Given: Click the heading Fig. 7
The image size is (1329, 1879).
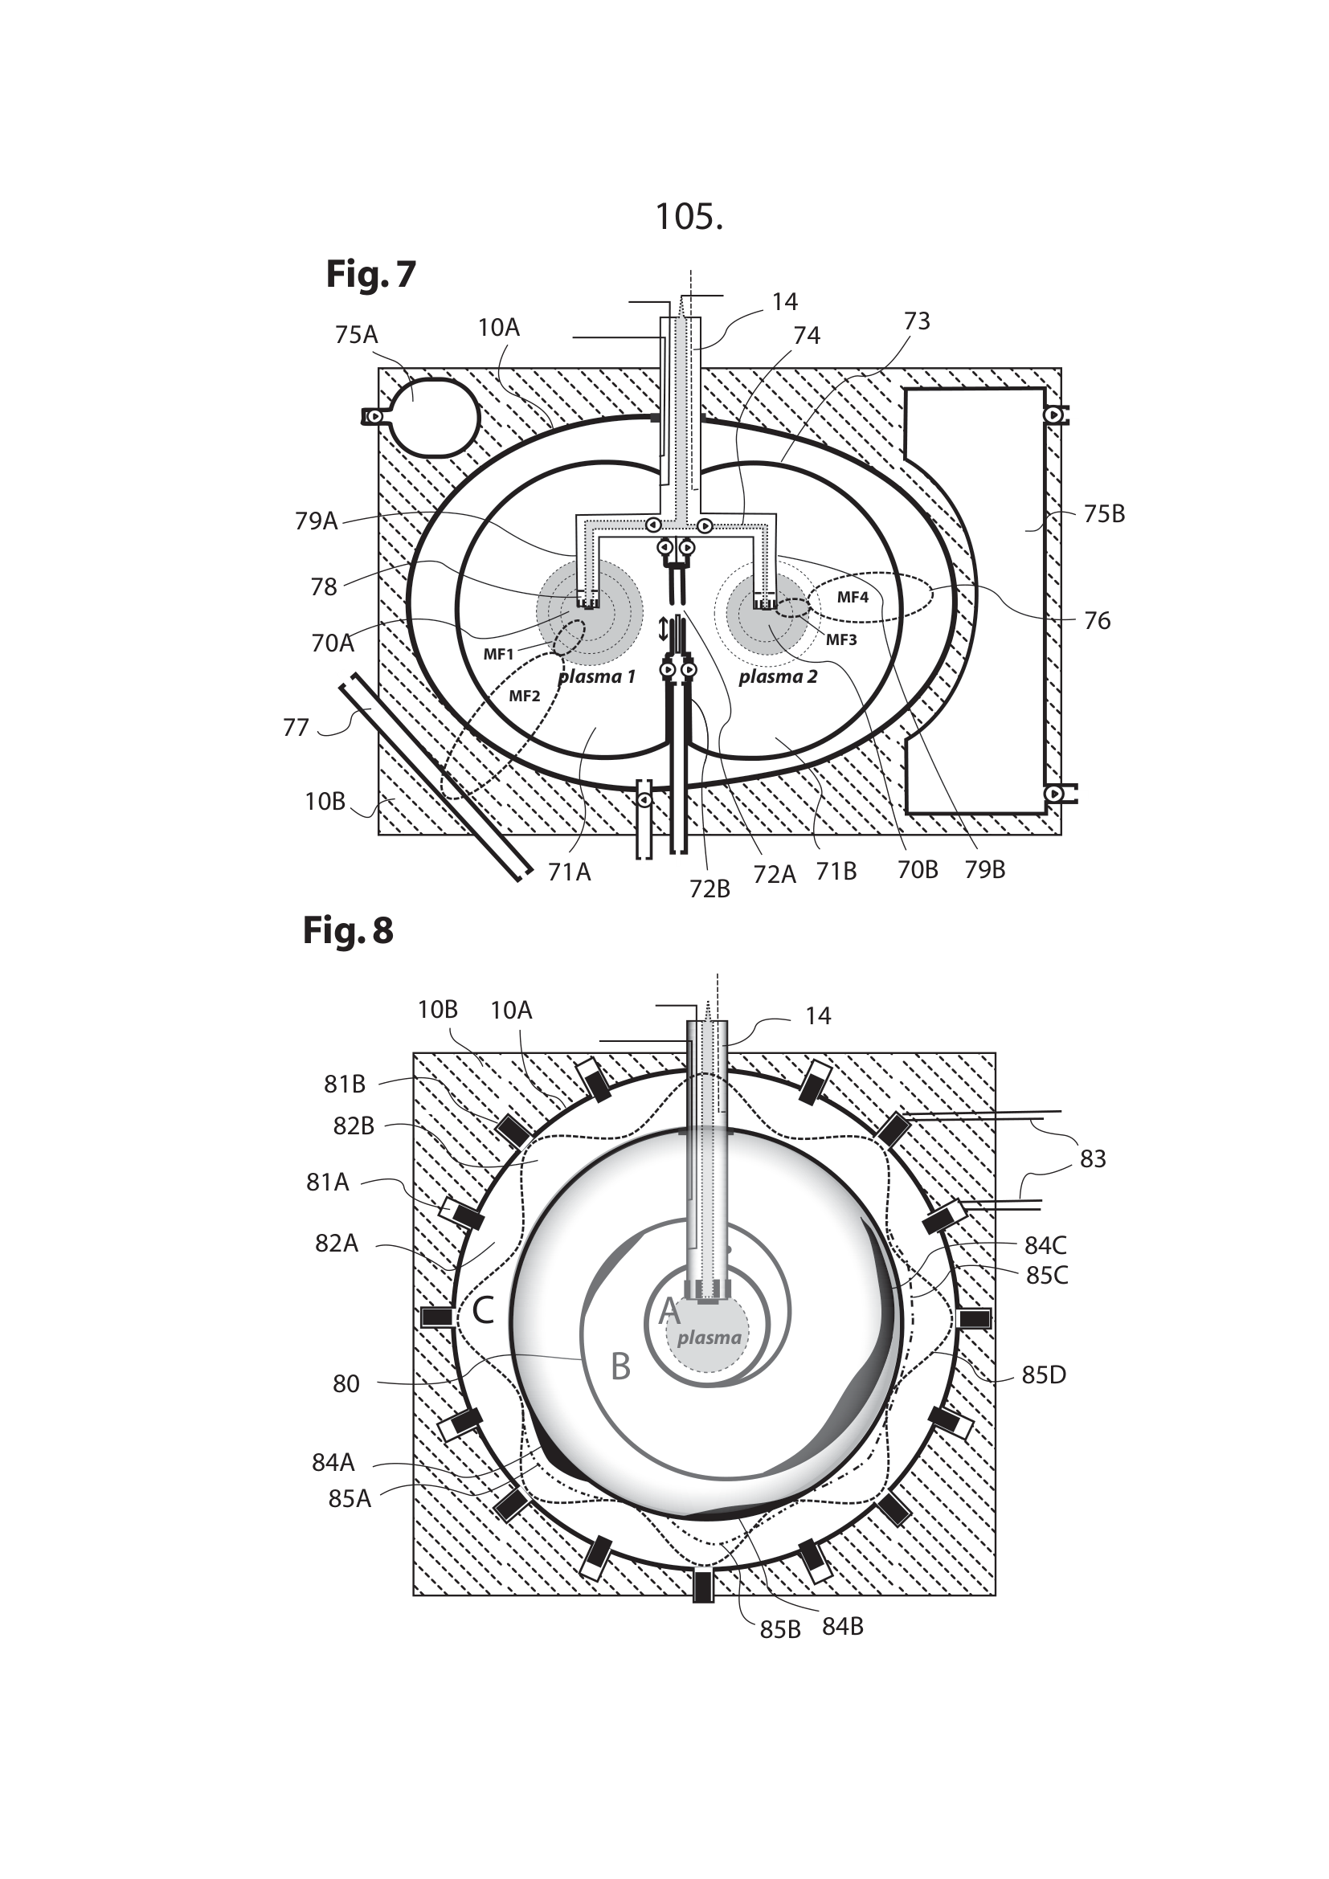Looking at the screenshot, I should coord(370,274).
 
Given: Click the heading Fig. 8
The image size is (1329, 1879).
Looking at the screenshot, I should coord(348,930).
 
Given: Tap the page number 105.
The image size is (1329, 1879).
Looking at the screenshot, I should coord(689,217).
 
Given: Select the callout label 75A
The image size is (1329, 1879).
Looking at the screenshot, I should coord(356,335).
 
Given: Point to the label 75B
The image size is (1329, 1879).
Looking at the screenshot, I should coord(1103,514).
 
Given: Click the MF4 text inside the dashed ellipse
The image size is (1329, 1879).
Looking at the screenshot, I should coord(852,597).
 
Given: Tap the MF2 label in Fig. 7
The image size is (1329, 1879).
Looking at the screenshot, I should coord(525,696).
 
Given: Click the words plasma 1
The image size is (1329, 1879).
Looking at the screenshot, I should coord(596,676).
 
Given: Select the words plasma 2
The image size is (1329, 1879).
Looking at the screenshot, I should coord(778,676).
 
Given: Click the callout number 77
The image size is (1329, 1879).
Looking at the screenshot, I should coord(296,727).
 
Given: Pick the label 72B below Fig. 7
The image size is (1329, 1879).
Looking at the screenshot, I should coord(709,888).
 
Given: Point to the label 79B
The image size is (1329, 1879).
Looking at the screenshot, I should coord(984,870).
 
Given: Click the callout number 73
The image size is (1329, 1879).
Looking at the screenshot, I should coord(917,321).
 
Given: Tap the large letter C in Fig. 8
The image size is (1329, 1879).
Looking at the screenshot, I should coord(482,1312).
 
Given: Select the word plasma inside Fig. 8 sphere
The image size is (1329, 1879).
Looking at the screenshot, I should coord(709,1338).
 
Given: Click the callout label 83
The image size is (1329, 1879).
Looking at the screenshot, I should coord(1093,1159).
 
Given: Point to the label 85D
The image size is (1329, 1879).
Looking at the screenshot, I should coord(1044,1375).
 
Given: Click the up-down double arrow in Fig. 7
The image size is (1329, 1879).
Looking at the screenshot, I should coord(664,628).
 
